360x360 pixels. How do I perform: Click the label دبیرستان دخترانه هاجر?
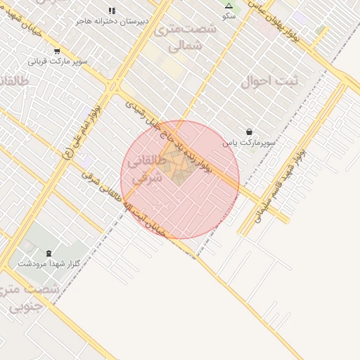click(x=113, y=21)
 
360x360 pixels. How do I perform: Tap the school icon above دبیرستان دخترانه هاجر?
click(x=112, y=11)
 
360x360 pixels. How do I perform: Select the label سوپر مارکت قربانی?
click(x=58, y=61)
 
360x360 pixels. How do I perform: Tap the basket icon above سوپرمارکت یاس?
click(x=250, y=131)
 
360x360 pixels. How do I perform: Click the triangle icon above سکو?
click(x=229, y=6)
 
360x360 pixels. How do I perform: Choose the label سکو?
click(x=229, y=15)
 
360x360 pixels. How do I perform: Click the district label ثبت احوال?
click(x=269, y=82)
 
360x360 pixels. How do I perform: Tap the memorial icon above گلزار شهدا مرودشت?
click(x=48, y=253)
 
